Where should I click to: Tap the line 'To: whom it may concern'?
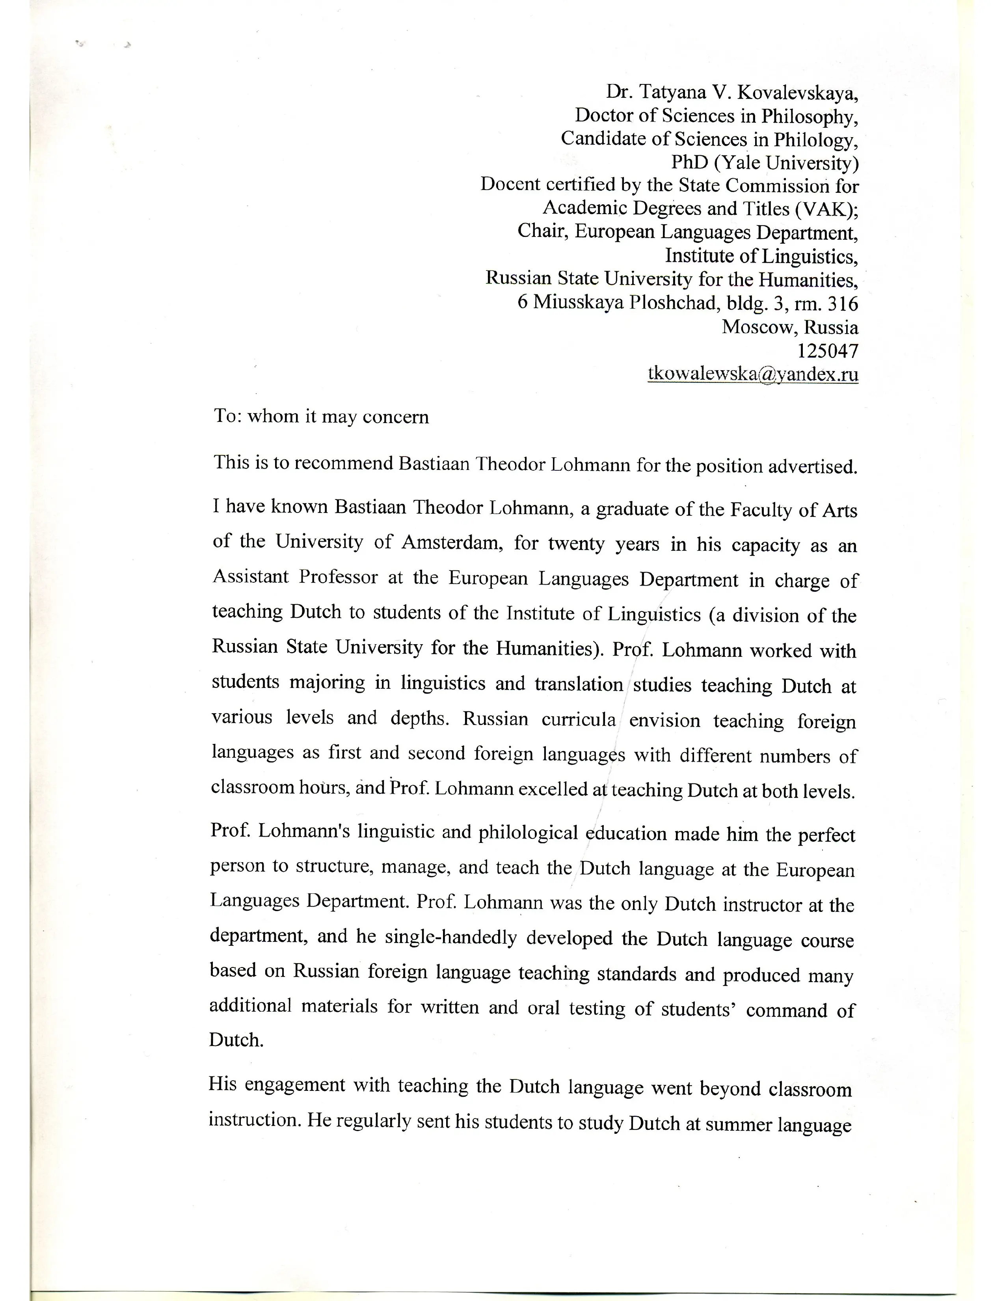[x=321, y=416]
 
